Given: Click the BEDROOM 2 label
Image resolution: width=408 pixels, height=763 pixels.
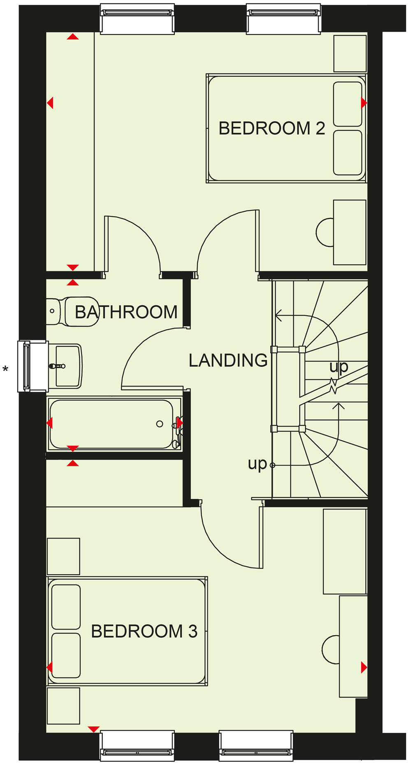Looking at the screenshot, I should pyautogui.click(x=271, y=128).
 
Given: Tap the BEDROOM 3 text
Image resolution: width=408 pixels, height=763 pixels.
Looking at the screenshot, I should pyautogui.click(x=144, y=631).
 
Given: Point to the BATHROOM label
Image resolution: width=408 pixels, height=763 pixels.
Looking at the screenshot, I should pyautogui.click(x=126, y=312).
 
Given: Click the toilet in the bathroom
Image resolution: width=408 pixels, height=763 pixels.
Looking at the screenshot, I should pyautogui.click(x=76, y=312).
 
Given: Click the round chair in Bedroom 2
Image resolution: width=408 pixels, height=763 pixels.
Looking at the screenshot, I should pyautogui.click(x=325, y=232).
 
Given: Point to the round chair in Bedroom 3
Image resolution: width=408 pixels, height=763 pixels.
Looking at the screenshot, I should pyautogui.click(x=331, y=650).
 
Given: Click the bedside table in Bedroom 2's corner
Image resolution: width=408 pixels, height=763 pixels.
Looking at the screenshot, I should pyautogui.click(x=350, y=53).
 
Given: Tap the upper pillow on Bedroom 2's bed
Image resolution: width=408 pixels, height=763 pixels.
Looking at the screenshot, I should pyautogui.click(x=348, y=104).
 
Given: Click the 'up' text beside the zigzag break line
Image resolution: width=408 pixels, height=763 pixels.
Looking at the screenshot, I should pyautogui.click(x=338, y=366).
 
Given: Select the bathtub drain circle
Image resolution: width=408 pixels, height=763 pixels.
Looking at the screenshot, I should pyautogui.click(x=160, y=424).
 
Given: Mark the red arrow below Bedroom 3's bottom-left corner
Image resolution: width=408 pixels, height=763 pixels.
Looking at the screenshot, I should pyautogui.click(x=94, y=729).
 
